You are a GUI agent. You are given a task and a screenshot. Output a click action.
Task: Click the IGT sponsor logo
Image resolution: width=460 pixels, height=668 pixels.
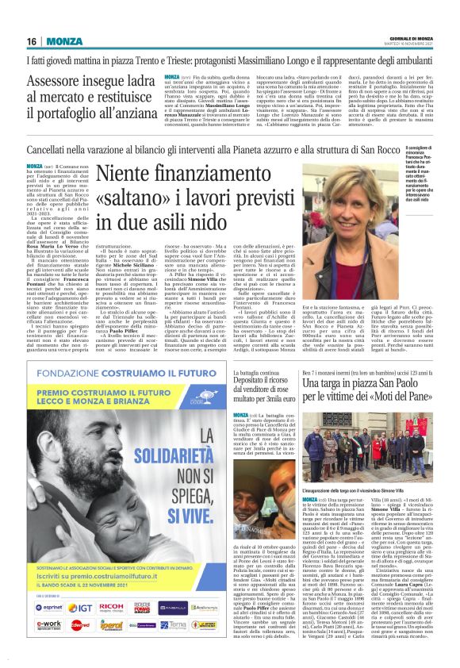click(82, 606)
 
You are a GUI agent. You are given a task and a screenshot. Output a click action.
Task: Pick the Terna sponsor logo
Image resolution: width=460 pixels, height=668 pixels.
click(173, 624)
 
